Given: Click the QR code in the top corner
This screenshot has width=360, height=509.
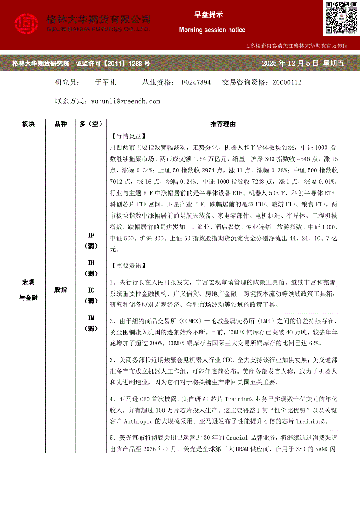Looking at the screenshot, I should point(340,18).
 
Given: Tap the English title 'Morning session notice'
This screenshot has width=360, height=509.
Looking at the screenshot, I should point(212,30).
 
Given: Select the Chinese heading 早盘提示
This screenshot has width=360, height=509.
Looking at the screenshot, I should point(208,15).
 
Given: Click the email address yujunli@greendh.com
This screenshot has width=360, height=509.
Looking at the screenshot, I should point(126,101).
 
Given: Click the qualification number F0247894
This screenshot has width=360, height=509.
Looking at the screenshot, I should point(196,82).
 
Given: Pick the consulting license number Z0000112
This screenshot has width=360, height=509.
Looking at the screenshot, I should point(287,82).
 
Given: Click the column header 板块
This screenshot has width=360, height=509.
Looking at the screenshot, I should point(28,124).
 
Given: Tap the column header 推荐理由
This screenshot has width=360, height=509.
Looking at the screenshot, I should point(223,124).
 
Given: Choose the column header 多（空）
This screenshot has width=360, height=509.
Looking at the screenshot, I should point(91,124).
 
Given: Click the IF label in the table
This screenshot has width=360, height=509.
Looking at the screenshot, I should point(91,236).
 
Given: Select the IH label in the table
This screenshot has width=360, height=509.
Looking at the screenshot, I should point(91,263).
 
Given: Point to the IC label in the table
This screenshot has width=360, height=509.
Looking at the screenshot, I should point(91,290).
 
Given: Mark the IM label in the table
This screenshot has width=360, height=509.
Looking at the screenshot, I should point(91,318).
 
